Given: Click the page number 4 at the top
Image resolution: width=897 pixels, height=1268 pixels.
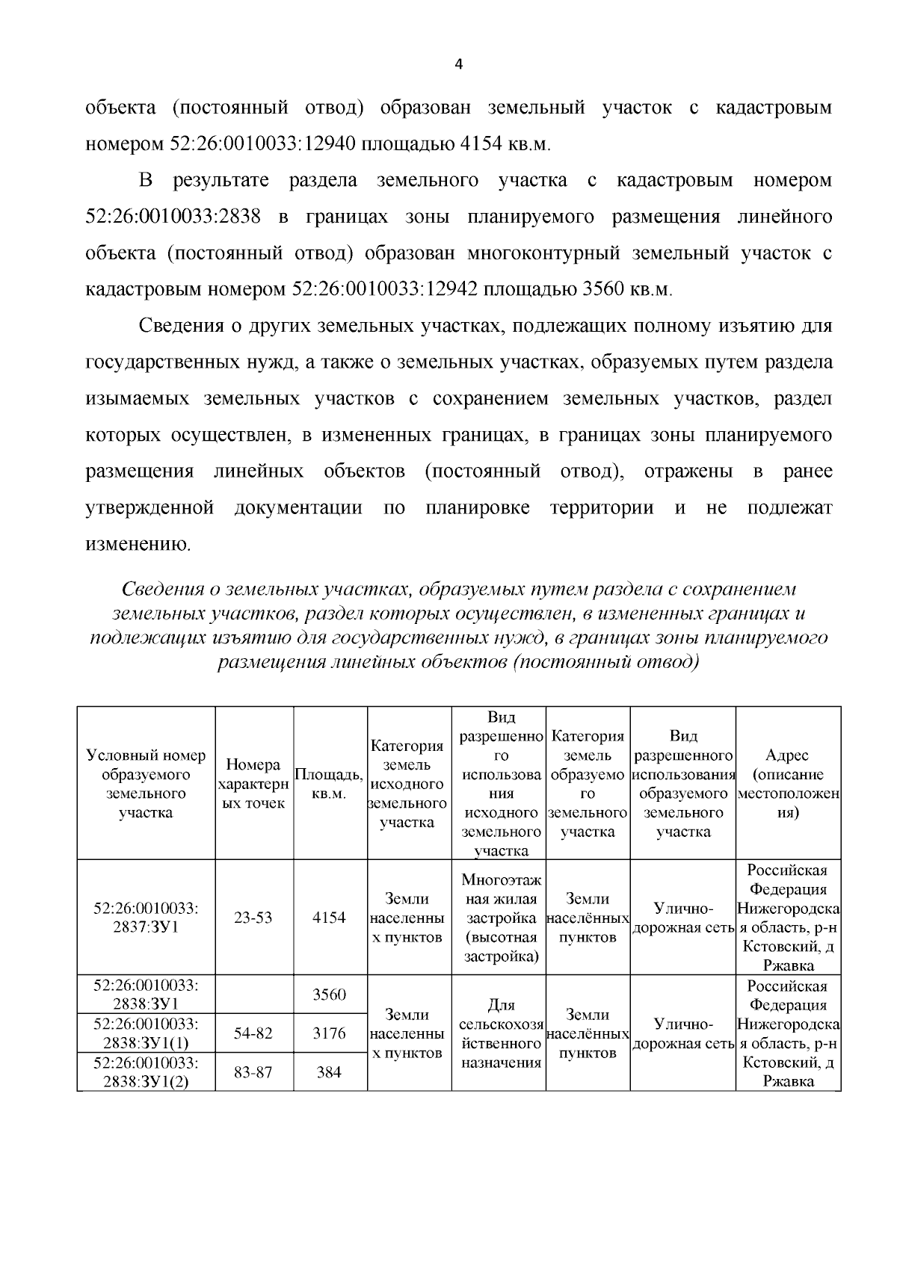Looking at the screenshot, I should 459,65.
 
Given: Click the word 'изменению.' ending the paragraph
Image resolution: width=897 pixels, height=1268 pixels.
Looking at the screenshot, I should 139,544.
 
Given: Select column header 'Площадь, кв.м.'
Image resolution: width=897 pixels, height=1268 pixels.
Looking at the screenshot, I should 330,783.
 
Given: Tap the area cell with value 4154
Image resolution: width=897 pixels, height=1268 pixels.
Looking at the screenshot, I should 330,918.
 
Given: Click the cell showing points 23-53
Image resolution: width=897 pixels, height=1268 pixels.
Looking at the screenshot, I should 253,918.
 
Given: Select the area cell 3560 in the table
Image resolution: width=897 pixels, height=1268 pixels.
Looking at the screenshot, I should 330,995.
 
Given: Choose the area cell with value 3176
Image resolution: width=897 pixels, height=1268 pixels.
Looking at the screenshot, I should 330,1033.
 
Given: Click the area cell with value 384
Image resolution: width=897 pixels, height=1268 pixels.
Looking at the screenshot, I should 330,1072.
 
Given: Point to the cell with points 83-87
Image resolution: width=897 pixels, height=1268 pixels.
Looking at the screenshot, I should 253,1072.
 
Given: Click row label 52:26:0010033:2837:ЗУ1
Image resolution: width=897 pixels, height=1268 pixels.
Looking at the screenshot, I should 146,918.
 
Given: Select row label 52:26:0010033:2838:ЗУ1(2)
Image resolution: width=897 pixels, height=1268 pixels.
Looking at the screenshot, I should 146,1072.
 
